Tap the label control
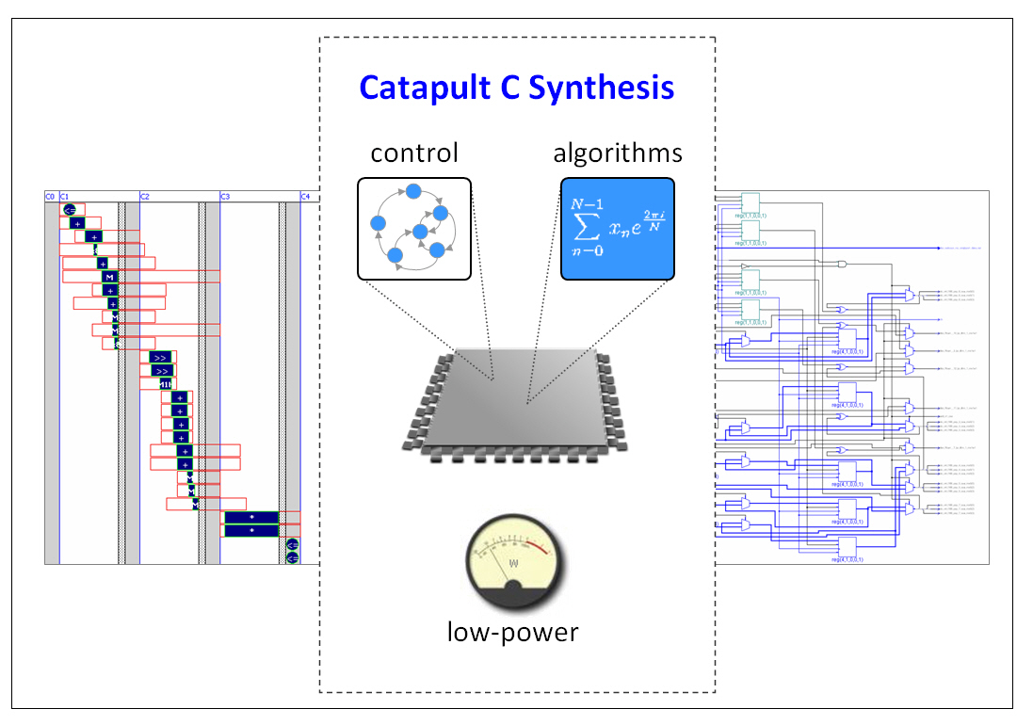click(x=414, y=153)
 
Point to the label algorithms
click(x=618, y=153)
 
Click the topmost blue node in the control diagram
click(x=412, y=191)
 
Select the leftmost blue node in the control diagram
click(x=378, y=224)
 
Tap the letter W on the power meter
click(x=513, y=564)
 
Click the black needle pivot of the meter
click(x=513, y=591)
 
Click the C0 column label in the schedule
click(x=50, y=196)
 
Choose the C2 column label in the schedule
click(x=145, y=196)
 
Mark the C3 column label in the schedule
click(x=225, y=196)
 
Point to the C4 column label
click(x=305, y=196)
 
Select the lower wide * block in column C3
click(x=251, y=531)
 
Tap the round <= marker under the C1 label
click(x=69, y=210)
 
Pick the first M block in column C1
click(x=109, y=277)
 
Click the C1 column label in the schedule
click(x=65, y=196)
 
